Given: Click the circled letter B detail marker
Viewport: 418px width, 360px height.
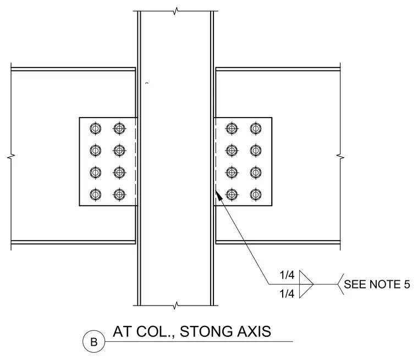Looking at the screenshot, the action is (x=94, y=342).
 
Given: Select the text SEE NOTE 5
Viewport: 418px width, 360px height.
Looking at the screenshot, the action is (x=377, y=284).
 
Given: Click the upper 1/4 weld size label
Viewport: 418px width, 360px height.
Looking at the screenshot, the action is (x=287, y=275).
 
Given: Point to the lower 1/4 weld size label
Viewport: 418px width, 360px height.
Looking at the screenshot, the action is (x=287, y=294).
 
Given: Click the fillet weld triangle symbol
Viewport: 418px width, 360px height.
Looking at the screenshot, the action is (x=306, y=284).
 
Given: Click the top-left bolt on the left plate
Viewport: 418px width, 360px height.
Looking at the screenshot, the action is (x=96, y=129).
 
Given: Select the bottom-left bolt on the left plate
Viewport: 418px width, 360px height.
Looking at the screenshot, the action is (x=96, y=195).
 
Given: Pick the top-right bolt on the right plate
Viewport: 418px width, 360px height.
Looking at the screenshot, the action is (x=256, y=129).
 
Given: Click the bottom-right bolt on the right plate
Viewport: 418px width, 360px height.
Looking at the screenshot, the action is (x=256, y=195).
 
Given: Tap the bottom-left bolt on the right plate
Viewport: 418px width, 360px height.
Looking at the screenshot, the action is (x=232, y=195).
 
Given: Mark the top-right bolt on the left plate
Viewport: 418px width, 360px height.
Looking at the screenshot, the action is (x=119, y=129).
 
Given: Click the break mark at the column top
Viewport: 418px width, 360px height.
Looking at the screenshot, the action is (x=175, y=11).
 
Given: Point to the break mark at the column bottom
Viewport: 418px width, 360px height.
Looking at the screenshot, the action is (x=175, y=306).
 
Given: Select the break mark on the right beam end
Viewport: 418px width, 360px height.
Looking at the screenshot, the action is (x=340, y=157).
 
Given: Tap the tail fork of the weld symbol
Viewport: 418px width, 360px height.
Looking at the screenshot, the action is (x=340, y=284).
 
